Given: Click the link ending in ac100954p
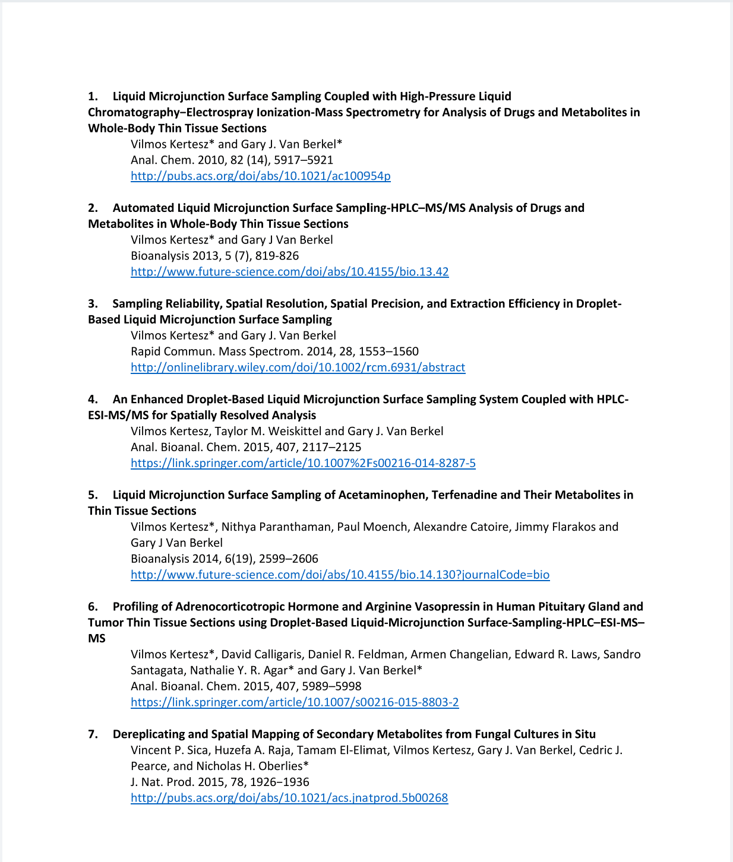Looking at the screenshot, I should point(260,176).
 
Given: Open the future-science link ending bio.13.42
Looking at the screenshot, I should point(289,272).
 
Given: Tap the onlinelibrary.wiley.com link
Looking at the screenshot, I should point(298,367).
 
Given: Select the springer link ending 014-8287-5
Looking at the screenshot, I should point(303,463).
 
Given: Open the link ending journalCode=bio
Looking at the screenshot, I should point(340,575).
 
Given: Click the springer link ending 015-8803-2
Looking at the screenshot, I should point(295,702).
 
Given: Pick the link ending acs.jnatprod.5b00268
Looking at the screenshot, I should point(289,798).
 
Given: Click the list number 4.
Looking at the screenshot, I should point(92,400).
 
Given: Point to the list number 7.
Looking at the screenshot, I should point(92,734).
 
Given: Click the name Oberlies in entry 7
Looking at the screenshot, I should point(276,766).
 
